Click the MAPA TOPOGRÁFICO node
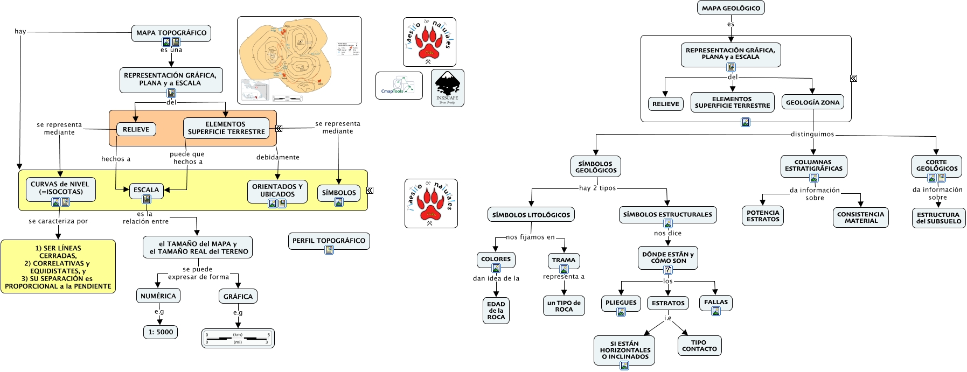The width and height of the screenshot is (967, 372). pos(171,33)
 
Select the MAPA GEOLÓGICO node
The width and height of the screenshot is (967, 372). pos(731,8)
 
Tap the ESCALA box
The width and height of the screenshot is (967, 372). pos(146,190)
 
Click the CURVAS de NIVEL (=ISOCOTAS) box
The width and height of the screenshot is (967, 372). pos(60,188)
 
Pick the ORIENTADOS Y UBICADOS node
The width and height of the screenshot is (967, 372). pos(277,191)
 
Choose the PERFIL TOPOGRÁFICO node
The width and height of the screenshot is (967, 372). pos(329,241)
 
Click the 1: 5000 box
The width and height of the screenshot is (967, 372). pos(161,332)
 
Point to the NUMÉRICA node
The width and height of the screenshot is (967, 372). pos(158,296)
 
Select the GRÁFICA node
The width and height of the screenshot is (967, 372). pos(238,297)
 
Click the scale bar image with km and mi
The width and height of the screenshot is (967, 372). pos(238,338)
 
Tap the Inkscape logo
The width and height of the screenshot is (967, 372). pos(447,88)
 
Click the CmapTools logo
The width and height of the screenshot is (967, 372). pos(399,86)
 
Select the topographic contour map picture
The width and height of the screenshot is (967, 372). pos(299,60)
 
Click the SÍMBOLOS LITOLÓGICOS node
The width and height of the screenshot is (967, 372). pos(531,215)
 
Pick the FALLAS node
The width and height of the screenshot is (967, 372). pos(715,303)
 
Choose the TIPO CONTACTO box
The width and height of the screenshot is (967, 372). pos(699,346)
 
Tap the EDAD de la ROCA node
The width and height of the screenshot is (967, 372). pos(496,311)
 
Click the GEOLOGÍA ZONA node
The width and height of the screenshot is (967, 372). pos(812,102)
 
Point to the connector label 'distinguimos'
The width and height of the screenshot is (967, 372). pos(812,134)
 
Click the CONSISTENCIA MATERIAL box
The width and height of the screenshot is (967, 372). pos(860,217)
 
